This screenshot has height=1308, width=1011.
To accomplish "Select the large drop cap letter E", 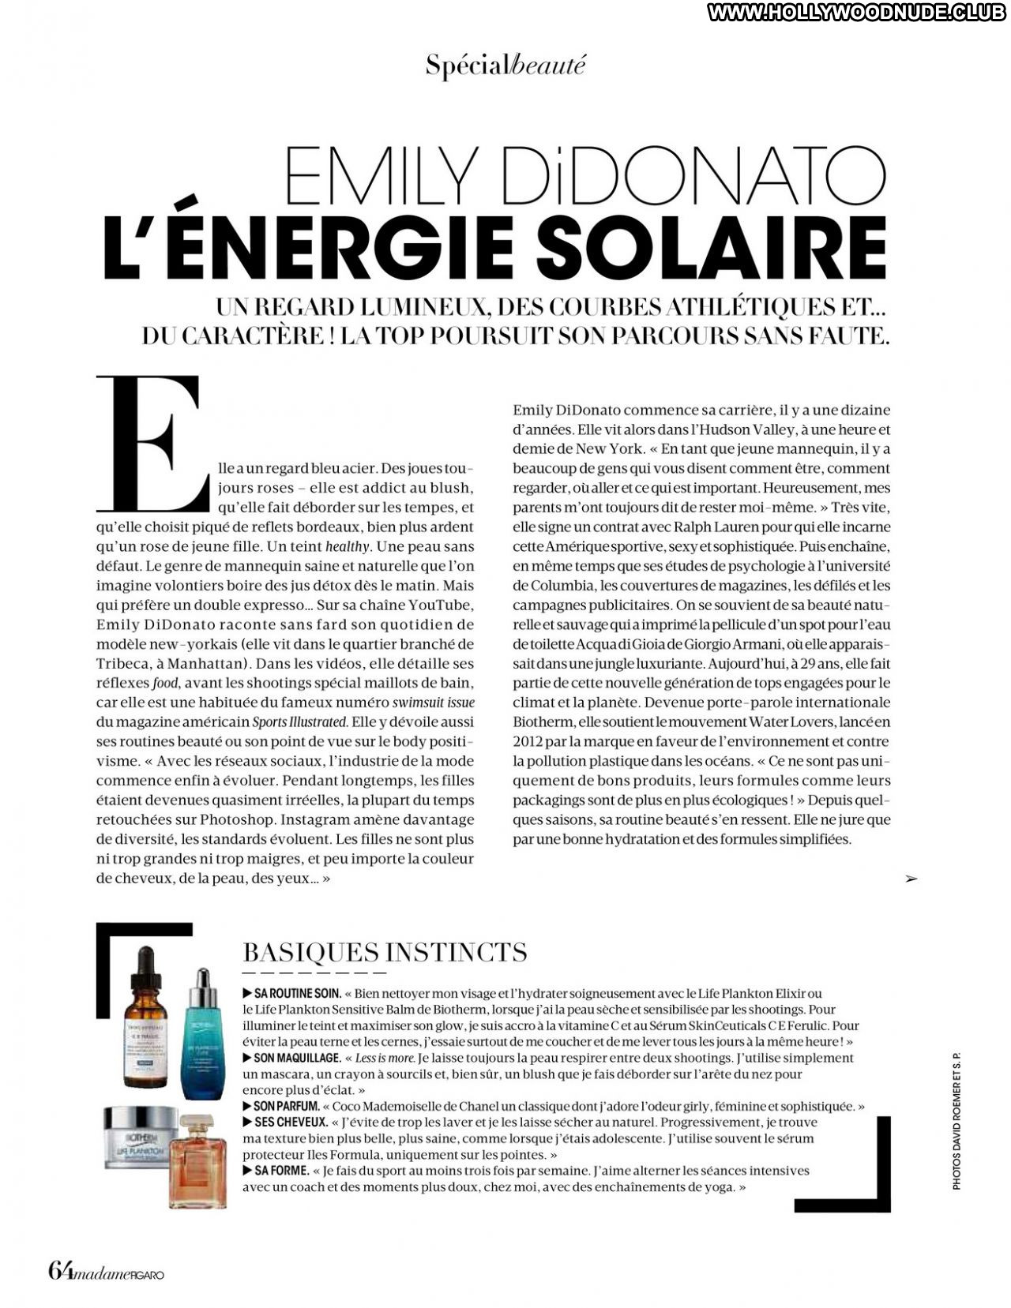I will pyautogui.click(x=151, y=444).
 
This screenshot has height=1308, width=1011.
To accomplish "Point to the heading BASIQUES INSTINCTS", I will pyautogui.click(x=385, y=952).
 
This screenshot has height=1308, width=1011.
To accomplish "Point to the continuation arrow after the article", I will pyautogui.click(x=911, y=879).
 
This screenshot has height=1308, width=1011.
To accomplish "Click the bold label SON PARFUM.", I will pyautogui.click(x=281, y=1106).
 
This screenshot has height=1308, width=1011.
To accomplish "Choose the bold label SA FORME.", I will pyautogui.click(x=276, y=1171).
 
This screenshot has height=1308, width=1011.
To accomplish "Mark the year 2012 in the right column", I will pyautogui.click(x=529, y=741).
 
